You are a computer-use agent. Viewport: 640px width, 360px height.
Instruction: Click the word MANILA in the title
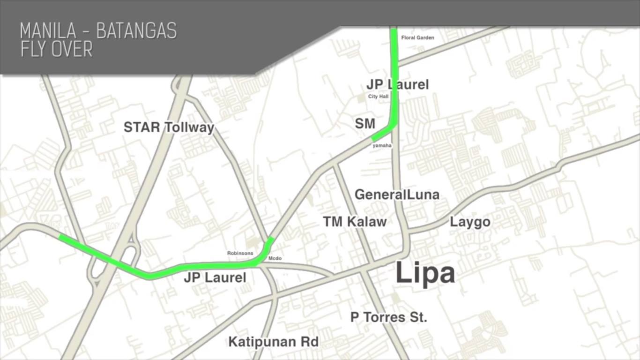click(x=48, y=31)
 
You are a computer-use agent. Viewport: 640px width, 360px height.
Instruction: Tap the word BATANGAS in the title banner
click(x=136, y=31)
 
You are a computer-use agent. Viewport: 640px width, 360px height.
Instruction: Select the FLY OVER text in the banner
click(x=56, y=49)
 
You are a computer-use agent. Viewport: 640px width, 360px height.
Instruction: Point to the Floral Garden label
click(x=417, y=37)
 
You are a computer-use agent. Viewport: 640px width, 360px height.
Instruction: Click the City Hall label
click(x=378, y=97)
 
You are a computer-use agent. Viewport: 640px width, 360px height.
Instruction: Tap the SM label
click(x=365, y=124)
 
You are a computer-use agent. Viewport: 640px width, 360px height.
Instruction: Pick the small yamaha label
click(x=382, y=146)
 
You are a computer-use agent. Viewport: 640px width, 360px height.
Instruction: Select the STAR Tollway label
click(x=169, y=127)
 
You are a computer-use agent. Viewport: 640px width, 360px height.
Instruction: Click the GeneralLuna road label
click(x=397, y=195)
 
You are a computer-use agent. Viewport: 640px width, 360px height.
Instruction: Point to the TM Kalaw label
click(x=355, y=222)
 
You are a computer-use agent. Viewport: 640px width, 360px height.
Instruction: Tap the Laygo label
click(x=470, y=222)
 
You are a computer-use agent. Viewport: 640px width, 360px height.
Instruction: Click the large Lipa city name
click(x=425, y=273)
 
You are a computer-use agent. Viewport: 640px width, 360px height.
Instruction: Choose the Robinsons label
click(x=240, y=253)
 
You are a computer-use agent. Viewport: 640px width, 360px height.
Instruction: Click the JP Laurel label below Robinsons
click(x=215, y=277)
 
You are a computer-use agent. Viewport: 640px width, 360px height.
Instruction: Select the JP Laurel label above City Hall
click(x=397, y=84)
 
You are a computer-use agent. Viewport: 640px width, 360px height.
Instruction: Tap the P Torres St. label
click(x=389, y=317)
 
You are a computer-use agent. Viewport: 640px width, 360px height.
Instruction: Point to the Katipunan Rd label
click(x=273, y=342)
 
